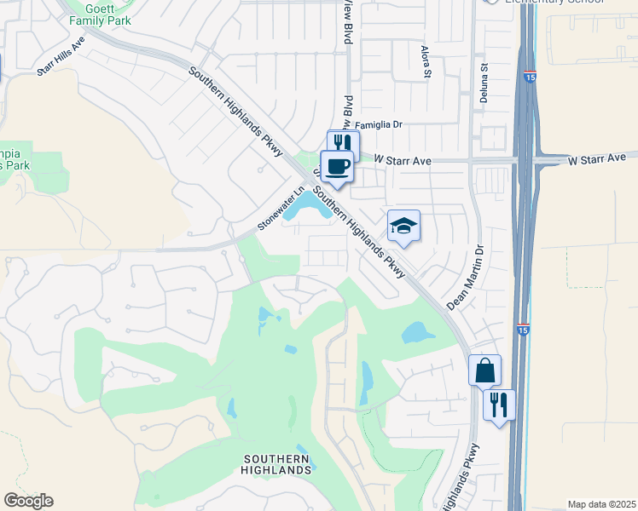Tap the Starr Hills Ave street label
[x=61, y=57]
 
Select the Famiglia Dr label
[x=378, y=124]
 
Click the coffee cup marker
[x=336, y=165]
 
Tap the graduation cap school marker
[x=404, y=226]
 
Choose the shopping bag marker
[x=484, y=370]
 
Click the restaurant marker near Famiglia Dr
[x=343, y=143]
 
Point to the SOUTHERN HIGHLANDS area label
[x=275, y=463]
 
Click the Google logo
[x=28, y=501]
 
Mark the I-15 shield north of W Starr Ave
[x=530, y=78]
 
